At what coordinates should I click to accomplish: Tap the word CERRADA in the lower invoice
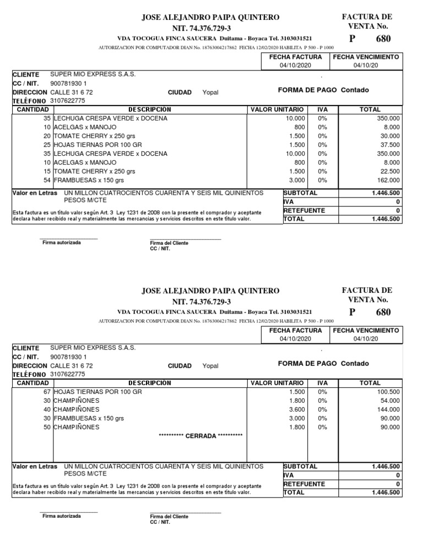201,436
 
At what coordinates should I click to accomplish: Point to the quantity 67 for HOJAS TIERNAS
47,391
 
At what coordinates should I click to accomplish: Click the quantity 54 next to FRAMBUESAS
47,180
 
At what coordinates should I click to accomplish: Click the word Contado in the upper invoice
355,90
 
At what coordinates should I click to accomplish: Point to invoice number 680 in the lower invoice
383,313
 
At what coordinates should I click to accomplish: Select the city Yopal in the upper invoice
210,92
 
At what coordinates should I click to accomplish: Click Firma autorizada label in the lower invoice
62,516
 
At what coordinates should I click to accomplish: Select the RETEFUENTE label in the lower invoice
303,484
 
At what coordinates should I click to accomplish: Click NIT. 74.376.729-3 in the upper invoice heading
202,28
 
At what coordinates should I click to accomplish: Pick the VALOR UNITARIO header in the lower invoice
276,382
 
